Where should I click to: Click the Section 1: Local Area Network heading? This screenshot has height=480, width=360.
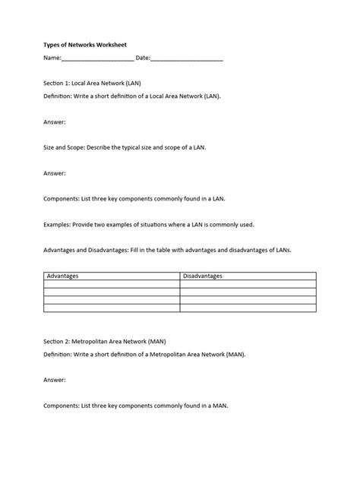93,83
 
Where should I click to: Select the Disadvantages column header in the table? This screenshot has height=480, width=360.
203,276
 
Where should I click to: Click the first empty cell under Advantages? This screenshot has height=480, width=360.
112,284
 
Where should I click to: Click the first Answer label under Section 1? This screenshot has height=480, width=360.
54,122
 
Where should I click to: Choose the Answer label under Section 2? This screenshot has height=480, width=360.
54,380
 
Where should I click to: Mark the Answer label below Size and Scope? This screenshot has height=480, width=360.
54,173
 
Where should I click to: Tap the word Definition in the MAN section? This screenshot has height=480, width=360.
59,355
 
